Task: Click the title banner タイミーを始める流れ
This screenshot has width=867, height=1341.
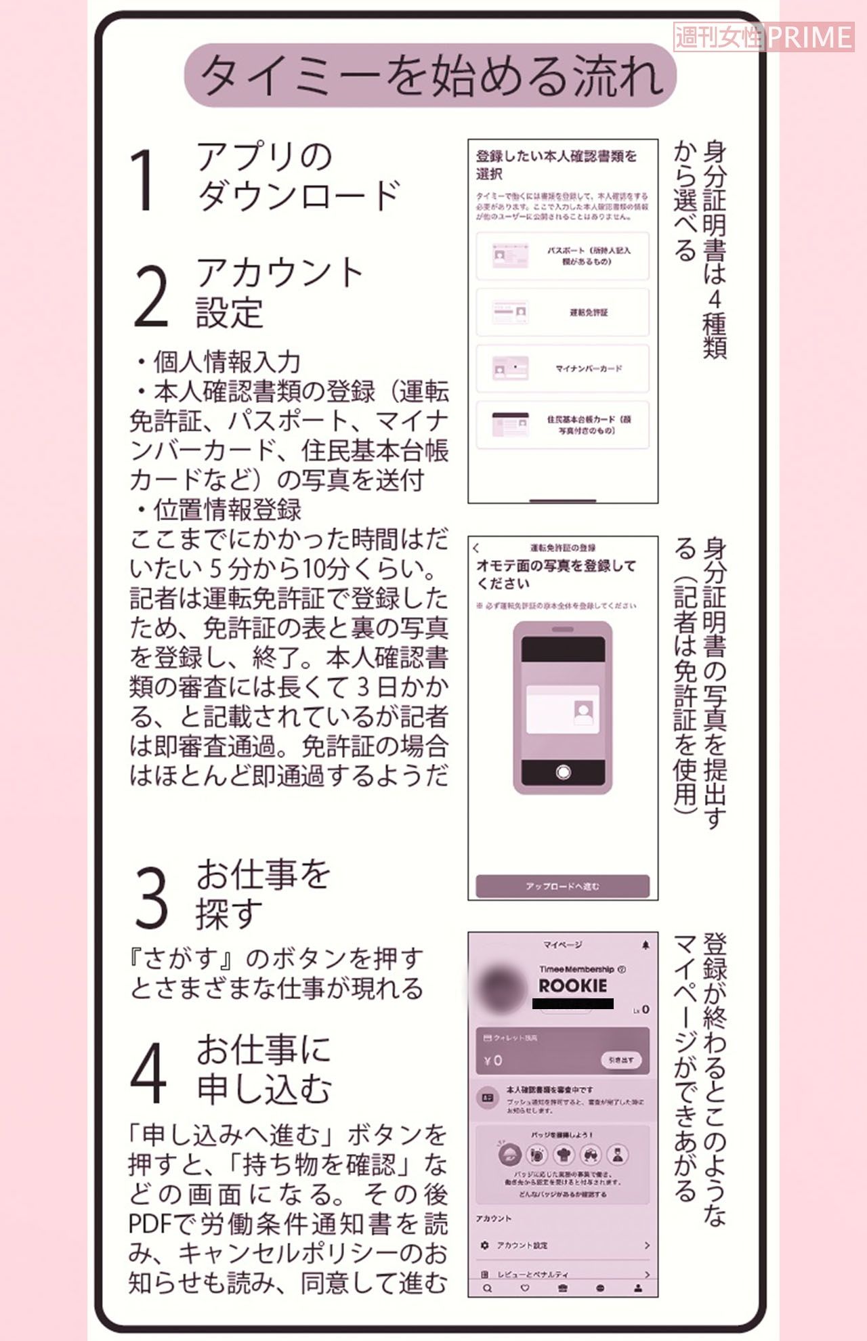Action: [430, 75]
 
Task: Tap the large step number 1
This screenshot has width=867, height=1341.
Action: [144, 179]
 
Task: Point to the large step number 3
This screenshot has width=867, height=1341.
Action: [150, 897]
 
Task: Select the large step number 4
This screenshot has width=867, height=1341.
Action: [148, 1073]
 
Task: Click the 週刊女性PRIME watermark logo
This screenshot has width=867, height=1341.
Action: [763, 37]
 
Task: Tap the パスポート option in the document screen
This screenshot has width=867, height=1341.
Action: [562, 256]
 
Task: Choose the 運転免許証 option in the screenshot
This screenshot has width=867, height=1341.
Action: [562, 312]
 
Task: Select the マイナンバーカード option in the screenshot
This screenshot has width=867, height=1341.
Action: [562, 368]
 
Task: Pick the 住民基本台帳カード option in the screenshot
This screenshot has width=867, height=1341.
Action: [562, 425]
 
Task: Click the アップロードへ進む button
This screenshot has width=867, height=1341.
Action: [562, 886]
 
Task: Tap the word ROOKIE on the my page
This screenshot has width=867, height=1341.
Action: [573, 985]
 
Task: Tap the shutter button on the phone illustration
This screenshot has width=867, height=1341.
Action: [563, 772]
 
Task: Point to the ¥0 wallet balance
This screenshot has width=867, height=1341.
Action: [494, 1060]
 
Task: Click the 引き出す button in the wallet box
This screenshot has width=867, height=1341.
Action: [620, 1060]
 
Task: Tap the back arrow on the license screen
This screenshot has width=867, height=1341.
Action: [476, 548]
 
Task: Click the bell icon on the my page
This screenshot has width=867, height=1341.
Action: [645, 945]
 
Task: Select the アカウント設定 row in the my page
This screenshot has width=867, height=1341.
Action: [562, 1245]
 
